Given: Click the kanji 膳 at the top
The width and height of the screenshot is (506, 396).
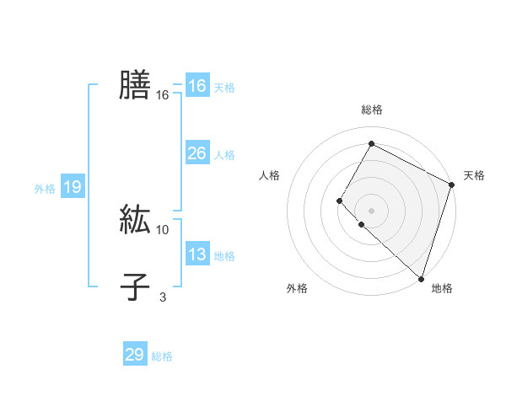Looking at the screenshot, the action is coord(135,85).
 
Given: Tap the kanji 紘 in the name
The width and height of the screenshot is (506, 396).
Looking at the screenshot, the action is coord(135,220).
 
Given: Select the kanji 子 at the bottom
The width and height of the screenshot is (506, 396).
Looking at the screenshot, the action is coord(135,287).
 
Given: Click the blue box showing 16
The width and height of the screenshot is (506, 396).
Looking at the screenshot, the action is coord(196,86).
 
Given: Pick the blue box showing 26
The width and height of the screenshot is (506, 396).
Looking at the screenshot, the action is coord(196,153).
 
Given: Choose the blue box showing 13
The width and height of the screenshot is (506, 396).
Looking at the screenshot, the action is coord(196,254).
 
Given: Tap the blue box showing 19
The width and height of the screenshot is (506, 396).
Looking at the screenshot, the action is coord(73,187).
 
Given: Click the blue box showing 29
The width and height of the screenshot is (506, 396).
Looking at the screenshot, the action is coord(135,355).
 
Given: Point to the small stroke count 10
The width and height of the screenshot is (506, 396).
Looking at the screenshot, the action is coord(163,229).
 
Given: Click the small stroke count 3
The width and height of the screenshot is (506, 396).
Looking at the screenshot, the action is coord(163,297).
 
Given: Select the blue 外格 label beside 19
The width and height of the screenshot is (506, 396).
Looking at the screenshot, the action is coord(45,189).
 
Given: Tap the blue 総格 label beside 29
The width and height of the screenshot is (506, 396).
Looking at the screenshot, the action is coord(162,356).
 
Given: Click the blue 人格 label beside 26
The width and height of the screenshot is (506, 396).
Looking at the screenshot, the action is coord(224,155).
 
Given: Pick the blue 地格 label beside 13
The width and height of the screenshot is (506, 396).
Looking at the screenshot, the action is coord(224,256).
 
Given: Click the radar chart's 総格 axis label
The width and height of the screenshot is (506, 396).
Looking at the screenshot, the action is coord(371,110).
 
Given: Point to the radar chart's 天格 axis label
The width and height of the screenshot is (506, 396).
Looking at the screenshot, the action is coord(474,175).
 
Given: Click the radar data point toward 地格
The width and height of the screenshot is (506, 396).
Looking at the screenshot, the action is coord(421,278).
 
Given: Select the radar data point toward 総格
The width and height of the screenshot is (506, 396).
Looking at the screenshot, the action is coord(371,144).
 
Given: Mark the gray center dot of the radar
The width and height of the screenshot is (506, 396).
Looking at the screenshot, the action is coord(371,211).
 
